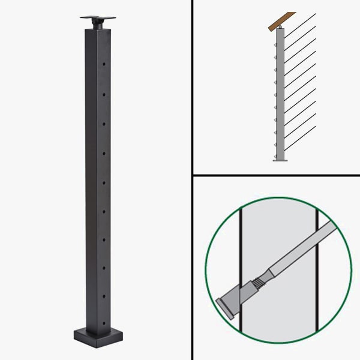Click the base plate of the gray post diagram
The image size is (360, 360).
click(280, 160)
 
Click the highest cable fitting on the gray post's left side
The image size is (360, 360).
click(274, 42)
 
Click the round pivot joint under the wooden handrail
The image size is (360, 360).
click(279, 27)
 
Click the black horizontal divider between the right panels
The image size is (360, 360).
click(276, 175)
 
